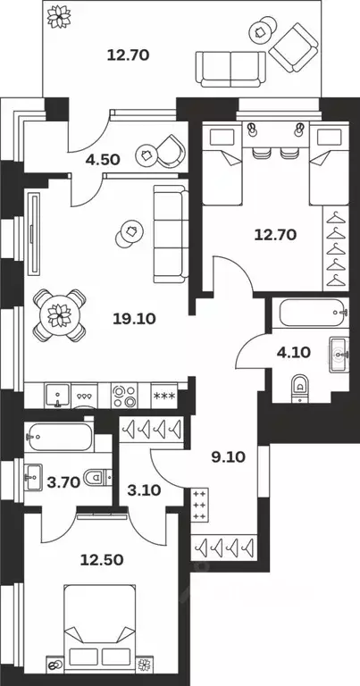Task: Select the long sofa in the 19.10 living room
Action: tap(170, 231)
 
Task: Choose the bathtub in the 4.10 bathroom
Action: tap(308, 315)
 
